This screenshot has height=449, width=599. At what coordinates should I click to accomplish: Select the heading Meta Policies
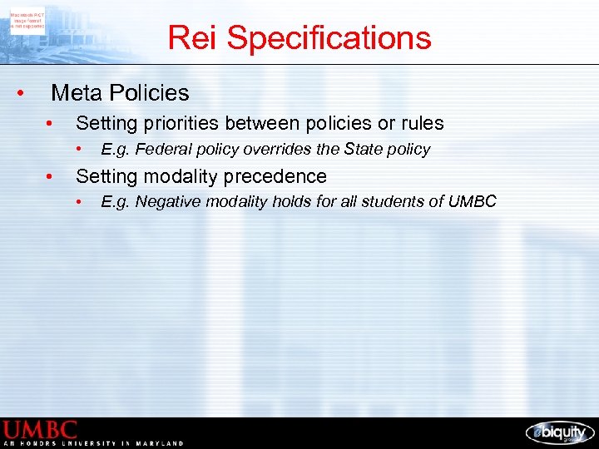[121, 93]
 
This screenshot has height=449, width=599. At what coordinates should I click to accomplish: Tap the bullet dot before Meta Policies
[21, 93]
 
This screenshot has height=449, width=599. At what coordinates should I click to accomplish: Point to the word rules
[422, 124]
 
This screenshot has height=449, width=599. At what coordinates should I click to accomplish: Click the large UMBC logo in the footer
[40, 430]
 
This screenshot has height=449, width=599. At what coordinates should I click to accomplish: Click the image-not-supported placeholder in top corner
[28, 20]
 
